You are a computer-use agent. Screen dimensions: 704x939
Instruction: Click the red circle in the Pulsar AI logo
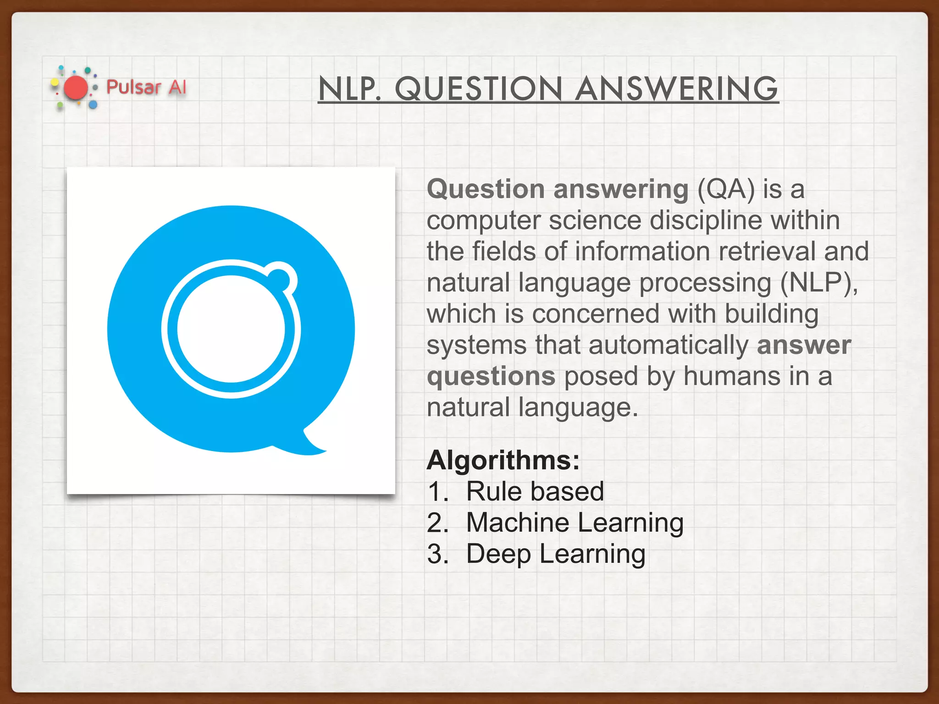(76, 88)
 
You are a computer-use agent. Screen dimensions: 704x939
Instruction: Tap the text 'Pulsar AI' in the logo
(146, 87)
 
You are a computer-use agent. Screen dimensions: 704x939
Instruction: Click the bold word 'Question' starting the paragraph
(486, 189)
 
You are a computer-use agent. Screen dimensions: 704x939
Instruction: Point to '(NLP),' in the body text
(819, 283)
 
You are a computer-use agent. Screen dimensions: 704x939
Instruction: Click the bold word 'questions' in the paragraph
(491, 376)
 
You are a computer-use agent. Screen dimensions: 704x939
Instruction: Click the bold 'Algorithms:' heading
(503, 460)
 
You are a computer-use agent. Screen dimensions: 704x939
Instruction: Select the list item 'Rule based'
(535, 491)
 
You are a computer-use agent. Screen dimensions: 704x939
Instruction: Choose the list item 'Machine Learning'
(574, 522)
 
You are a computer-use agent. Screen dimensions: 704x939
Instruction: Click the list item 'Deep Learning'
(556, 554)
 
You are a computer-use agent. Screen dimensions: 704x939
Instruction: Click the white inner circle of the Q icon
(231, 329)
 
